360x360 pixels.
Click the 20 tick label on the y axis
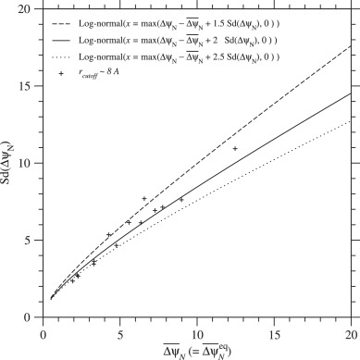point(29,9)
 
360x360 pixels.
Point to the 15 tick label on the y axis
point(29,86)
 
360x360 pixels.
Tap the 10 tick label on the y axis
point(29,163)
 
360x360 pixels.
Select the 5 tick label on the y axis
point(32,240)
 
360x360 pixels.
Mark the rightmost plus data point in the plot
point(235,148)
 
